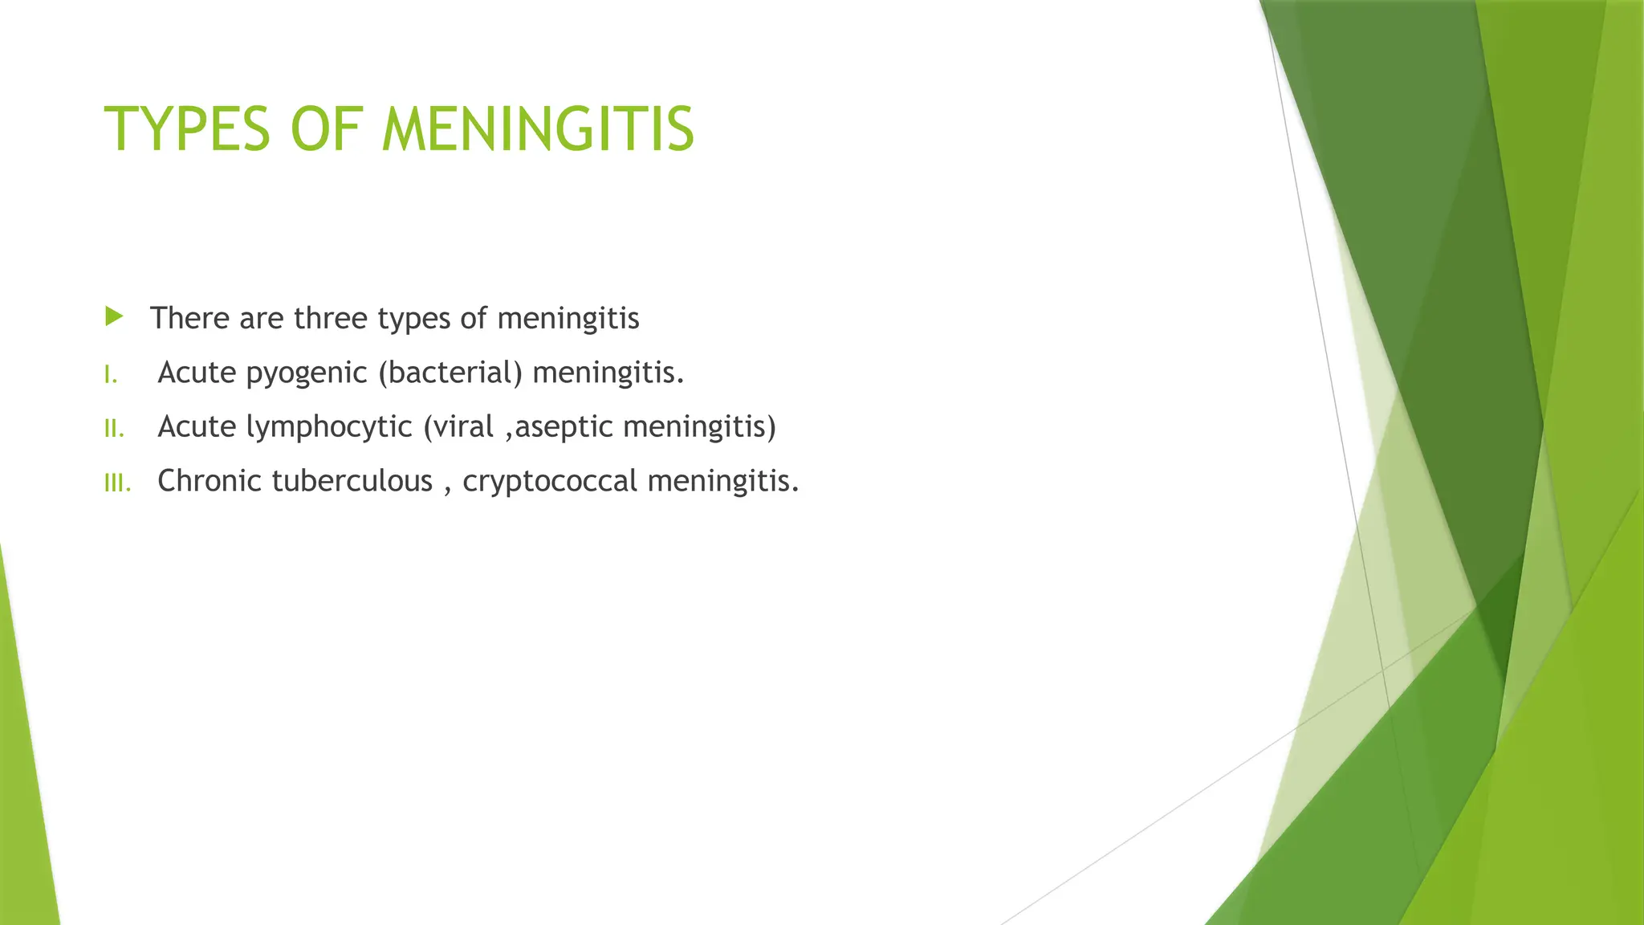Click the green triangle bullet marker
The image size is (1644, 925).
[114, 316]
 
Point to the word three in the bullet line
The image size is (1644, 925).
[331, 318]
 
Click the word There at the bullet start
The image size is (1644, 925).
[190, 318]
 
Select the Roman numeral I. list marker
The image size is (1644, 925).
[111, 374]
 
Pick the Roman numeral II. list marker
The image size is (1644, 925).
[114, 429]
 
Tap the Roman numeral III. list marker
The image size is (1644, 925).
[117, 483]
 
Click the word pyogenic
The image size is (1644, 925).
[306, 373]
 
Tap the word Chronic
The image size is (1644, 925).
[210, 481]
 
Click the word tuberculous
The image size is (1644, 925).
[352, 481]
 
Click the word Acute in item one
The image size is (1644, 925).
[197, 373]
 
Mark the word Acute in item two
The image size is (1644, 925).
[197, 426]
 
